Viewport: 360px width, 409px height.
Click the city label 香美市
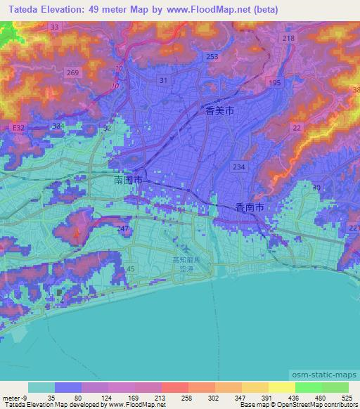[220, 110]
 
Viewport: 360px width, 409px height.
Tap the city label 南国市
[128, 181]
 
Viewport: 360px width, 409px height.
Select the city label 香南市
[250, 207]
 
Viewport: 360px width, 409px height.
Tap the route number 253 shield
[212, 56]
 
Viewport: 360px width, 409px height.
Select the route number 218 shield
[288, 38]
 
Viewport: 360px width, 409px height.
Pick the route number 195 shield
[275, 83]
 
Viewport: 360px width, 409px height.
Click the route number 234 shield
[239, 167]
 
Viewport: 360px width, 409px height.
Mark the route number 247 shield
[124, 229]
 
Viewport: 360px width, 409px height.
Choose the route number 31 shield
[164, 81]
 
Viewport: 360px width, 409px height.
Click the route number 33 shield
[55, 26]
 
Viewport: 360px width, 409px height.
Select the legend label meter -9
[13, 396]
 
